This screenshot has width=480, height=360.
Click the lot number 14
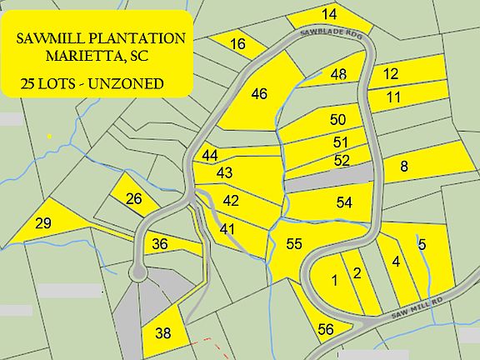329,14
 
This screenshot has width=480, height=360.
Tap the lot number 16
237,44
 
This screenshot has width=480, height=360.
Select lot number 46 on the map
259,93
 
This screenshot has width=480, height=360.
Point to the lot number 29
44,222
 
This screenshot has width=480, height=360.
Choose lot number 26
133,198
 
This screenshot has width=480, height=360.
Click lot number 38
163,333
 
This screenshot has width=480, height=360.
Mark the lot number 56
326,330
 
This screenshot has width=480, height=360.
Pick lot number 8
404,167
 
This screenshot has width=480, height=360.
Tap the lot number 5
422,244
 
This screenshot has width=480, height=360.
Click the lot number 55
293,244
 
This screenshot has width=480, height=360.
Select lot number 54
344,202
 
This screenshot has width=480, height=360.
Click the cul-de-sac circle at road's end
136,272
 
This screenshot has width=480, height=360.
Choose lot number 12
390,73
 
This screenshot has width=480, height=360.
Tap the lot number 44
210,156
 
